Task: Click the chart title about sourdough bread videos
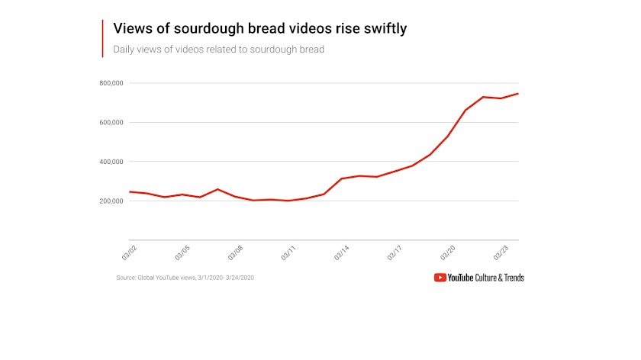tap(260, 29)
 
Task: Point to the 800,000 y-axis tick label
tap(111, 83)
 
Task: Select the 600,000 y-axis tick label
tap(111, 122)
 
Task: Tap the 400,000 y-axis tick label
tap(111, 162)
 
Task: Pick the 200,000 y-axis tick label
tap(111, 201)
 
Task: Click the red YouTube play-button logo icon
tap(440, 278)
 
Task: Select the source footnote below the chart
tap(185, 278)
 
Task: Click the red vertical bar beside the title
tap(102, 38)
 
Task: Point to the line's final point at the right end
tap(518, 94)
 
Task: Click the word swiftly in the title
tap(385, 29)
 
